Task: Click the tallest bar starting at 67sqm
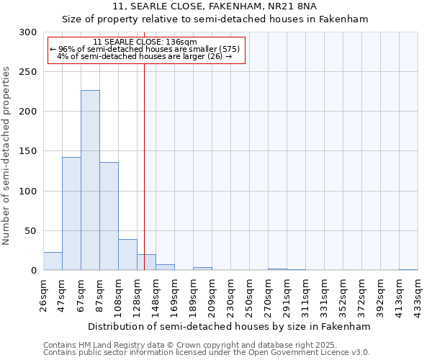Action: click(90, 180)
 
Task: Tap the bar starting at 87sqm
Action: click(109, 216)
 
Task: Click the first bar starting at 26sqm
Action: click(53, 261)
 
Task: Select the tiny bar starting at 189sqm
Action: click(202, 269)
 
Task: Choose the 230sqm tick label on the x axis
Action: click(230, 296)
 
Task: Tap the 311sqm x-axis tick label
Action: click(305, 296)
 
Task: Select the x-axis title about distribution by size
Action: click(230, 326)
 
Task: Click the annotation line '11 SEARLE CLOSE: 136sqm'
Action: click(145, 42)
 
